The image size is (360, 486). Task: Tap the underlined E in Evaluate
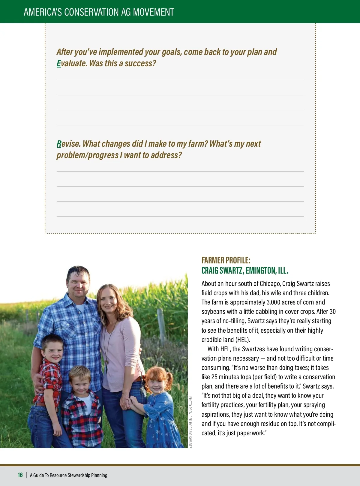(x=58, y=63)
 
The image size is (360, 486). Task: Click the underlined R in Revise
(x=59, y=144)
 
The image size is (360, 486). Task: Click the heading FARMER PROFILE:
(x=226, y=260)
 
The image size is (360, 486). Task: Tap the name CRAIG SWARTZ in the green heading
(x=222, y=271)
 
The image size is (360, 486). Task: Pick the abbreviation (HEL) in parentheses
(x=242, y=340)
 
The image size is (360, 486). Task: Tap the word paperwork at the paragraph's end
(x=250, y=433)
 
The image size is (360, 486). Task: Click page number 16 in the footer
(x=20, y=475)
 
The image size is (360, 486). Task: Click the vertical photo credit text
(x=190, y=422)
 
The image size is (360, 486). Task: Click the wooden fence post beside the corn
(x=162, y=327)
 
